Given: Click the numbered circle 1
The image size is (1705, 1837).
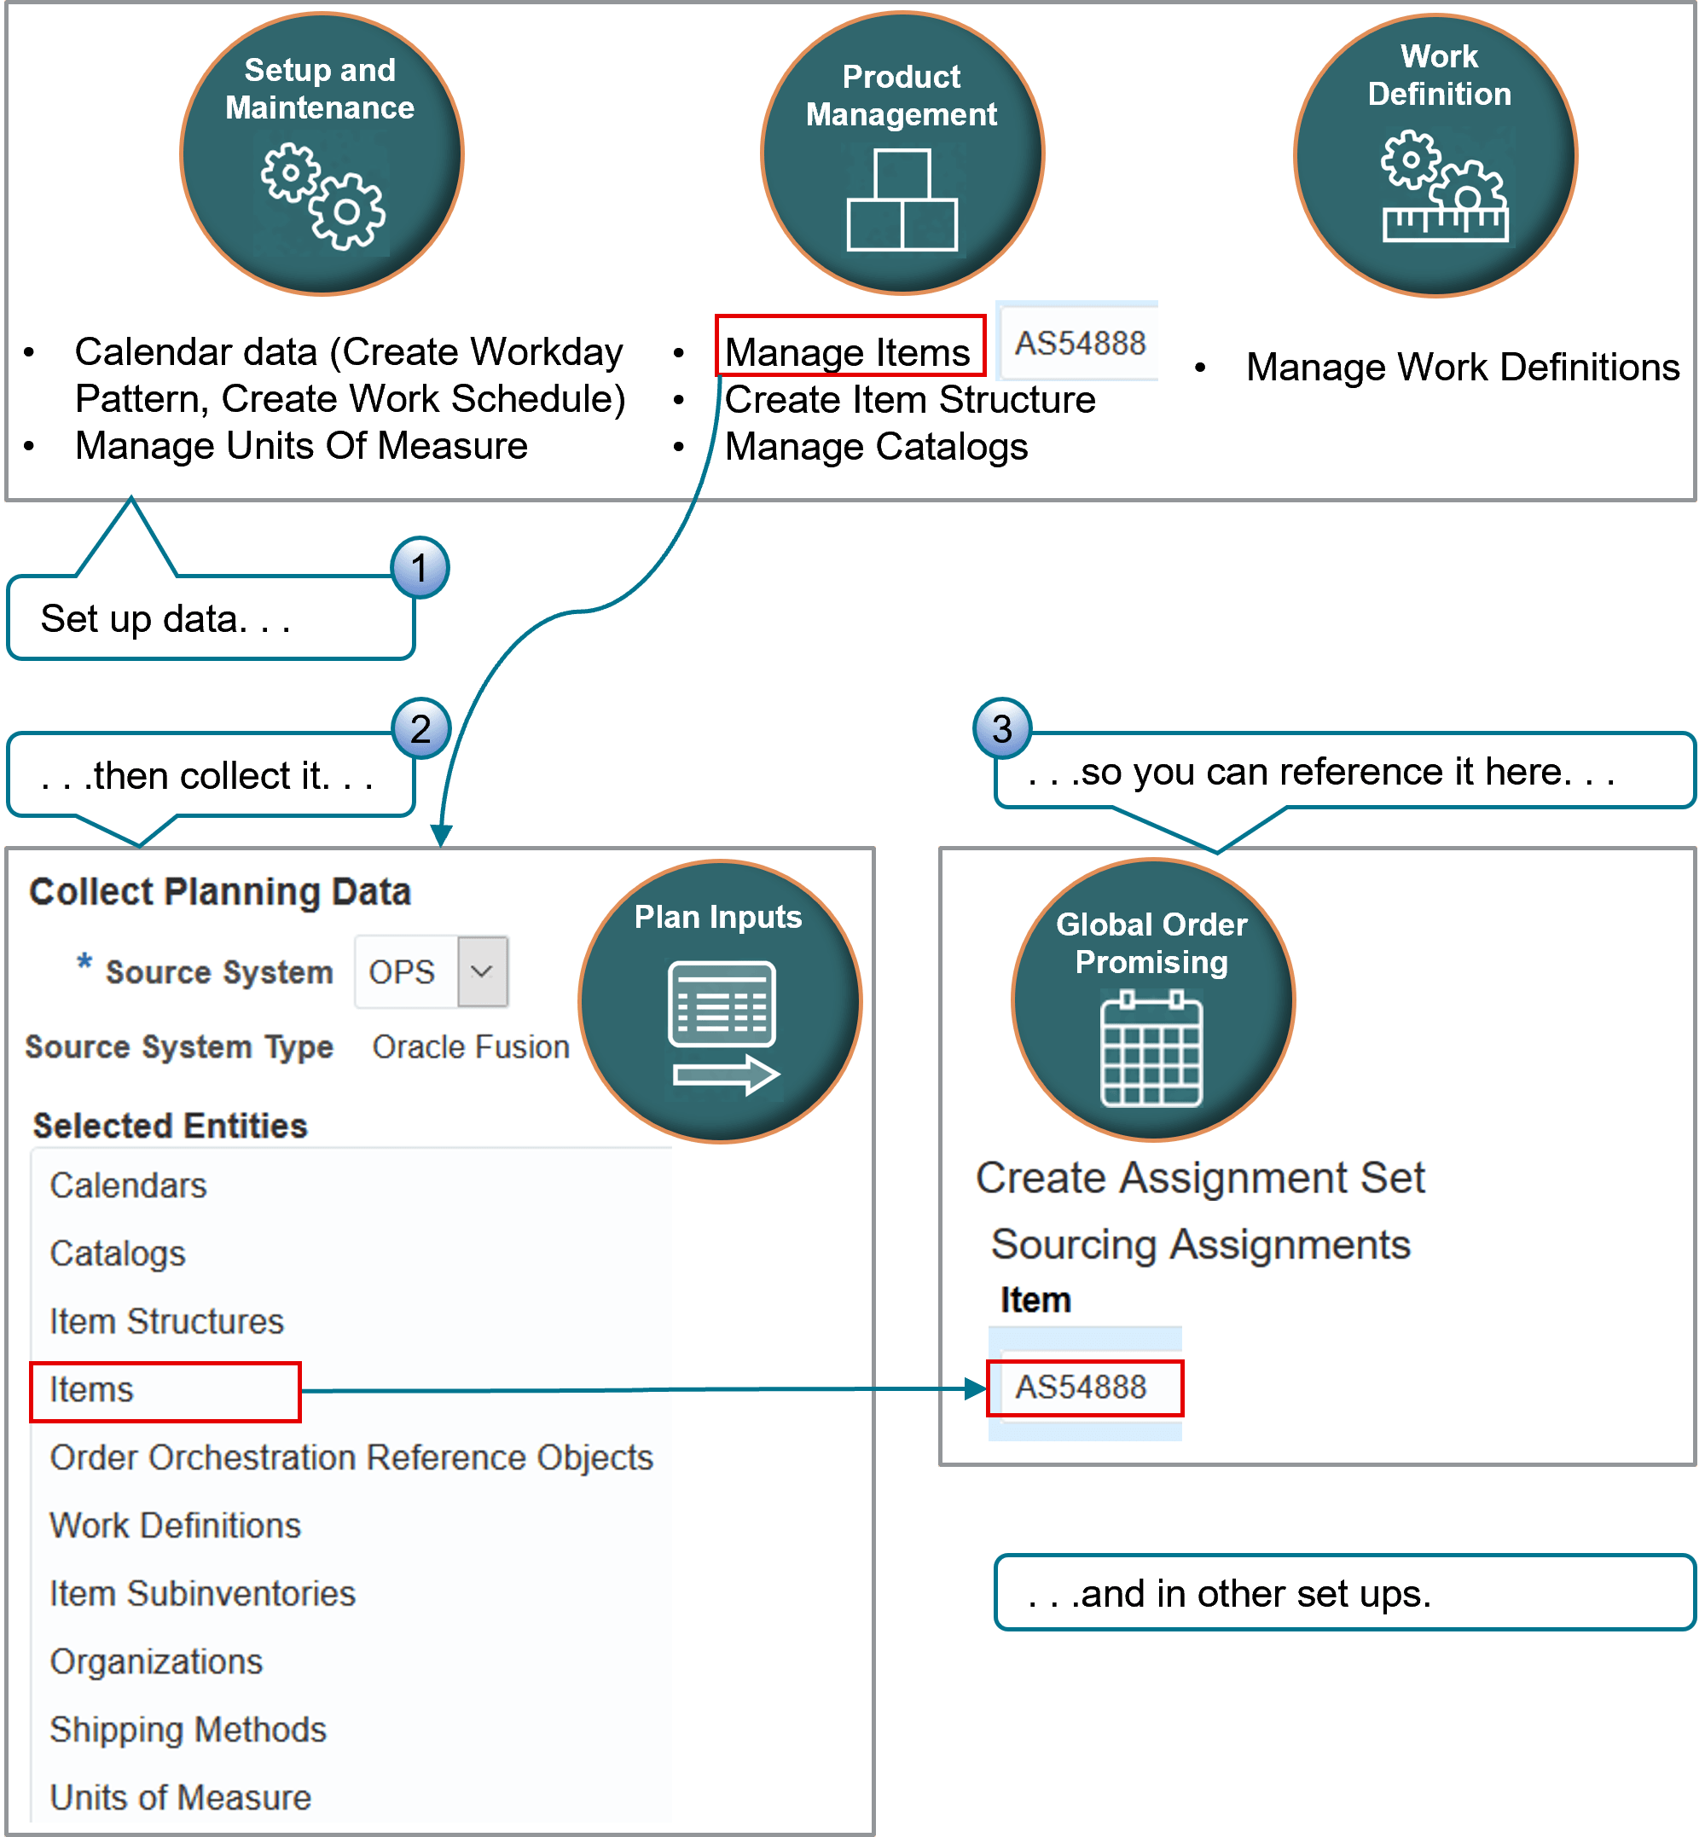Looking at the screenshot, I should point(420,568).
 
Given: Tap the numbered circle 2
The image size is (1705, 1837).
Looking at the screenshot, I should point(420,729).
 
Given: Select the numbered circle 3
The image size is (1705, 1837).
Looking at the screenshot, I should point(1002,729).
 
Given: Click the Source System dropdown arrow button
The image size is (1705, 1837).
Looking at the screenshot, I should point(482,971).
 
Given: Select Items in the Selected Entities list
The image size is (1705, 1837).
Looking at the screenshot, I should point(91,1389).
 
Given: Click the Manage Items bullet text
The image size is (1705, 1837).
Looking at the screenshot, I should point(847,352).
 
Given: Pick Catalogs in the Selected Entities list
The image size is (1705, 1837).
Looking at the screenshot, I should point(117,1253).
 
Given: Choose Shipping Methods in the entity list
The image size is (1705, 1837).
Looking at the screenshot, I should point(188,1729).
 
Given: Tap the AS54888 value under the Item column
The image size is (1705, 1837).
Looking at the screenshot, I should point(1082,1387).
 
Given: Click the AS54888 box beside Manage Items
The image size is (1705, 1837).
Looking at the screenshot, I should point(1080,343).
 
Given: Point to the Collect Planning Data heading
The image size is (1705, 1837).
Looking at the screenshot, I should point(219,891).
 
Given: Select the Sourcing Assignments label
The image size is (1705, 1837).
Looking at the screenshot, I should point(1199,1244).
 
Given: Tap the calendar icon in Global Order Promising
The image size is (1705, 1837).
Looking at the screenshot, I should point(1151,1049).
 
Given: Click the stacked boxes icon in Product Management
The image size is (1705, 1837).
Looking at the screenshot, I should point(902,200).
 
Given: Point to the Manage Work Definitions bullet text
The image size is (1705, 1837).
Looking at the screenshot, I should point(1463,368).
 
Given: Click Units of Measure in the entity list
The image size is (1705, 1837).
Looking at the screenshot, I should point(180,1797).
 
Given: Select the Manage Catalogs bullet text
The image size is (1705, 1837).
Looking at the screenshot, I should point(876,447).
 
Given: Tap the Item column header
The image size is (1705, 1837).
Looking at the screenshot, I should point(1036,1301).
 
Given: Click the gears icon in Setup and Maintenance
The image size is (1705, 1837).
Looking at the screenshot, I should point(323,195).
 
